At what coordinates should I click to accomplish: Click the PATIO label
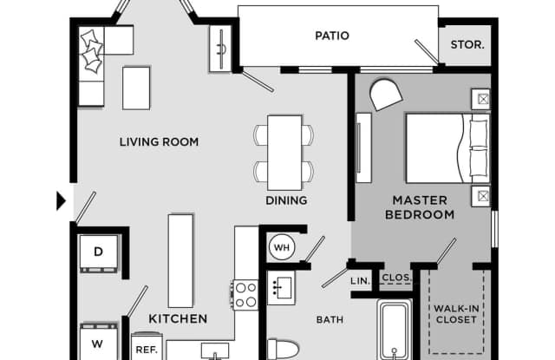coord(332,36)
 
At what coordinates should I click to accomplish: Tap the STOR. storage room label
coord(467,45)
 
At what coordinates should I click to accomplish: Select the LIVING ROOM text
coord(159,142)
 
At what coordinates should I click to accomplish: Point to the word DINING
coord(286,200)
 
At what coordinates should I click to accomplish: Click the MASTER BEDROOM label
coord(420,207)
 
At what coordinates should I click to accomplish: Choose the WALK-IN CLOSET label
coord(456,314)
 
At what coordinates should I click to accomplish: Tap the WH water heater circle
coord(282,247)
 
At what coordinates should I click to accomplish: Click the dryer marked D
coord(99,253)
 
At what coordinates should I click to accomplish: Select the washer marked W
coord(98,342)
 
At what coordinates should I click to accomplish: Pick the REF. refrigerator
coord(147,347)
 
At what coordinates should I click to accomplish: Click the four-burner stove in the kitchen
coord(245,295)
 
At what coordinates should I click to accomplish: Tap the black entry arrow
coord(62,201)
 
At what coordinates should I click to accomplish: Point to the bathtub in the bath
coord(395,330)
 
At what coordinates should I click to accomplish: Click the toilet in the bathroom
coord(283,350)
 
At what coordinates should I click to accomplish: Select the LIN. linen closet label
coord(361,281)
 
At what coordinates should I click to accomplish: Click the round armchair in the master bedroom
coord(385,95)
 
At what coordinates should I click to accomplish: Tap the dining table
coord(284,153)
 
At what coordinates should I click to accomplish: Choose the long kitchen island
coord(180,260)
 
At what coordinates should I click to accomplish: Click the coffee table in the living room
coord(136,88)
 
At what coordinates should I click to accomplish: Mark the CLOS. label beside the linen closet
coord(396,278)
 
